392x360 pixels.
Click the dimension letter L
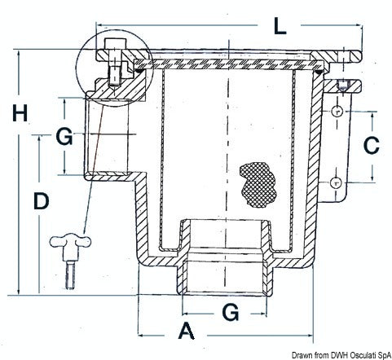tap(280, 26)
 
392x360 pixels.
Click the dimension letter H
tap(20, 113)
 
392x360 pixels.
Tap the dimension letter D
tap(42, 201)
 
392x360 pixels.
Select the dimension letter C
tap(372, 145)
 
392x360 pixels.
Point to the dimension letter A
tap(187, 331)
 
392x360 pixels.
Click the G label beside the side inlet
tap(64, 136)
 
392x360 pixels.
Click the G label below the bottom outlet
tap(231, 312)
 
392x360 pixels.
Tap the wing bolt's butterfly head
tap(70, 242)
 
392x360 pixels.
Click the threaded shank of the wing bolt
tap(70, 274)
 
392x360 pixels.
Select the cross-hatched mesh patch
tap(258, 185)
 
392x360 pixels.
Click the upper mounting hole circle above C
tap(337, 112)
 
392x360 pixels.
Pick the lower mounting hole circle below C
tap(336, 182)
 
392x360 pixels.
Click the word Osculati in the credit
tap(361, 355)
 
